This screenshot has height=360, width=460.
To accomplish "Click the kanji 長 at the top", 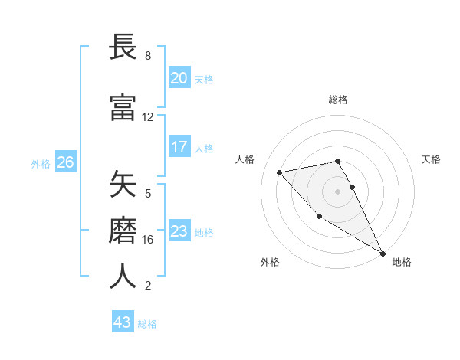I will coord(123,47).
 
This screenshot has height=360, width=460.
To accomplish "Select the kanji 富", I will coord(123,108).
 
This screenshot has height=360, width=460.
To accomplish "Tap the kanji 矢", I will coord(123,185).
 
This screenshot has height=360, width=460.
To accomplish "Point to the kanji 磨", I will coord(123,231).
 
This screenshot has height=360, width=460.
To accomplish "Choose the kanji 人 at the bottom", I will coord(123,277).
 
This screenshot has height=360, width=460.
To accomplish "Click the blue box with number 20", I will coord(179,78).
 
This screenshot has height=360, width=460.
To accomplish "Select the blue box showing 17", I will coord(179,147).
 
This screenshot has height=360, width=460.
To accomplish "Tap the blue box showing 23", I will coord(179,231).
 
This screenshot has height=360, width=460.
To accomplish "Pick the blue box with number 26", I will coord(66,162).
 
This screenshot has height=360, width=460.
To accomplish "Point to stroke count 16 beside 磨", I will coord(148,240).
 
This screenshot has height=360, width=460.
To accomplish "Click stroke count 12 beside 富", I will coord(148,117).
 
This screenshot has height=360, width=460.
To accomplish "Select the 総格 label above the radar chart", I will coord(338,100).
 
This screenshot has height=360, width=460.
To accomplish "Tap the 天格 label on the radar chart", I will coord(432,159).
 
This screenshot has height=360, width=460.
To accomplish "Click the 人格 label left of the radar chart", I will coord(245,159).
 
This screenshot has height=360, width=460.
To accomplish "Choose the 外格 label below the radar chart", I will coord(270,262).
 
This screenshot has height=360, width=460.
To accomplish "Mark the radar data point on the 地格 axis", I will coord(383,254).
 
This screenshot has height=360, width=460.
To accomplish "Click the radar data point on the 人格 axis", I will coord(280,172).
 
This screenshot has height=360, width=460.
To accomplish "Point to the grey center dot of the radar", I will coord(338,191).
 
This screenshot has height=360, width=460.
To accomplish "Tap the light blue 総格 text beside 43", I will coord(147,324).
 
